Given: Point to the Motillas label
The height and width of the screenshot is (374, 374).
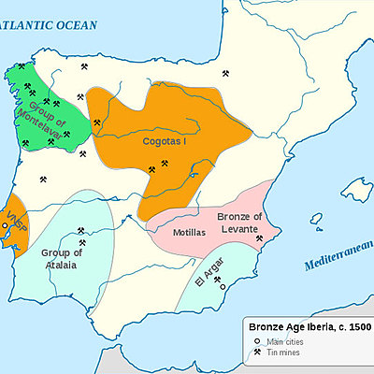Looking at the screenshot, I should click(188, 231).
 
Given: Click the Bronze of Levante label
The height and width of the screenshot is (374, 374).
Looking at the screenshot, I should click(239, 223).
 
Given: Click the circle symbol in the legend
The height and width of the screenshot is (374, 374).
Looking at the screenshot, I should click(255, 343).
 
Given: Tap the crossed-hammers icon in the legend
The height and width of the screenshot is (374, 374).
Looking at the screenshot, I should click(255, 353).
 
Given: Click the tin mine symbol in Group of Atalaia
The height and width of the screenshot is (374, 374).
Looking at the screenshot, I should click(81, 230).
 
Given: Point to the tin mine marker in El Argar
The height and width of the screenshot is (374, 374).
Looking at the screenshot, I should click(217, 278).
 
